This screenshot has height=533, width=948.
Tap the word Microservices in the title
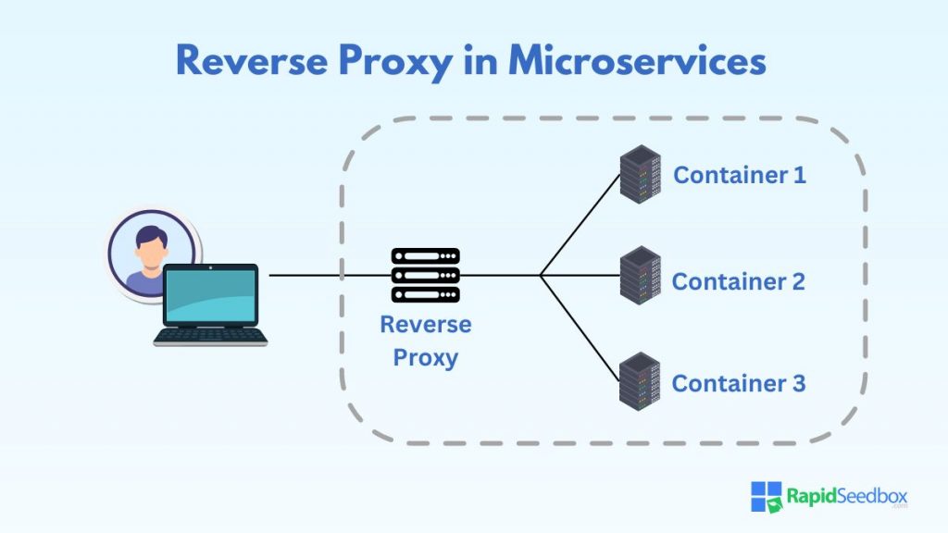coord(637,61)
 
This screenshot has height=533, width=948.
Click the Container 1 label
coord(739,175)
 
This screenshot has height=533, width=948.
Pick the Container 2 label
coord(739,281)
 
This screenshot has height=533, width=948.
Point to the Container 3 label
coord(739,383)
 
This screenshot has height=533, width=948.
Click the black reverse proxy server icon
coord(426,275)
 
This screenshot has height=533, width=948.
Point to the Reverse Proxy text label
coord(426,341)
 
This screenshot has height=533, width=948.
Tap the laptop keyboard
coord(211,335)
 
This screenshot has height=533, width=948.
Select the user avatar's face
coord(150,244)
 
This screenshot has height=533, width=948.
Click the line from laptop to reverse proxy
coord(324,275)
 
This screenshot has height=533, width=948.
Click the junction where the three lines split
coord(542,275)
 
